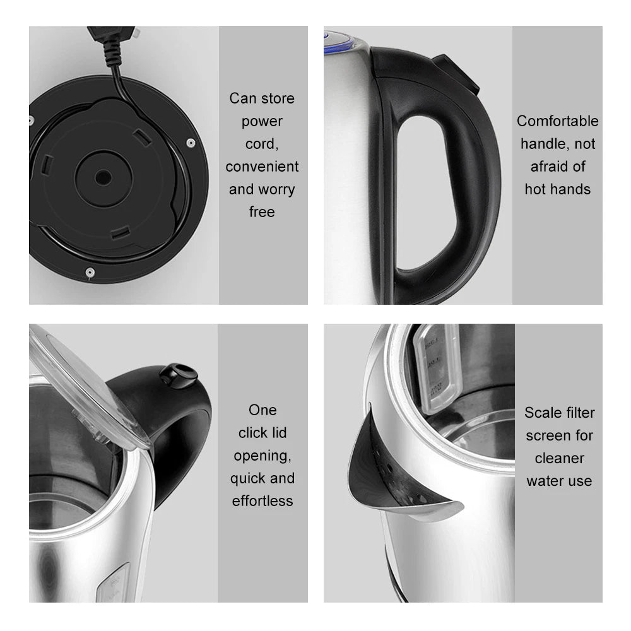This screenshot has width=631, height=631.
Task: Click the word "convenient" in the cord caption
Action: (262, 167)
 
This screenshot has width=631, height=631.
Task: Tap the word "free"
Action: (262, 212)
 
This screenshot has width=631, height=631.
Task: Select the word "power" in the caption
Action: (262, 121)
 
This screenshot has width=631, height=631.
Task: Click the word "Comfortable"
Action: (557, 121)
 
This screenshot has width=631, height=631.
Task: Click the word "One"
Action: (262, 410)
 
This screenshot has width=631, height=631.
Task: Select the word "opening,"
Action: (262, 456)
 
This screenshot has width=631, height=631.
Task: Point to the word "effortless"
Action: (262, 501)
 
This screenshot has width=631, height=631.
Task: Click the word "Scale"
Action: (542, 413)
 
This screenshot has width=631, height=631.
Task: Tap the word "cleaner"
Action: (559, 458)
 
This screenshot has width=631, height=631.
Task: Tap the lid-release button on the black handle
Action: (178, 373)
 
